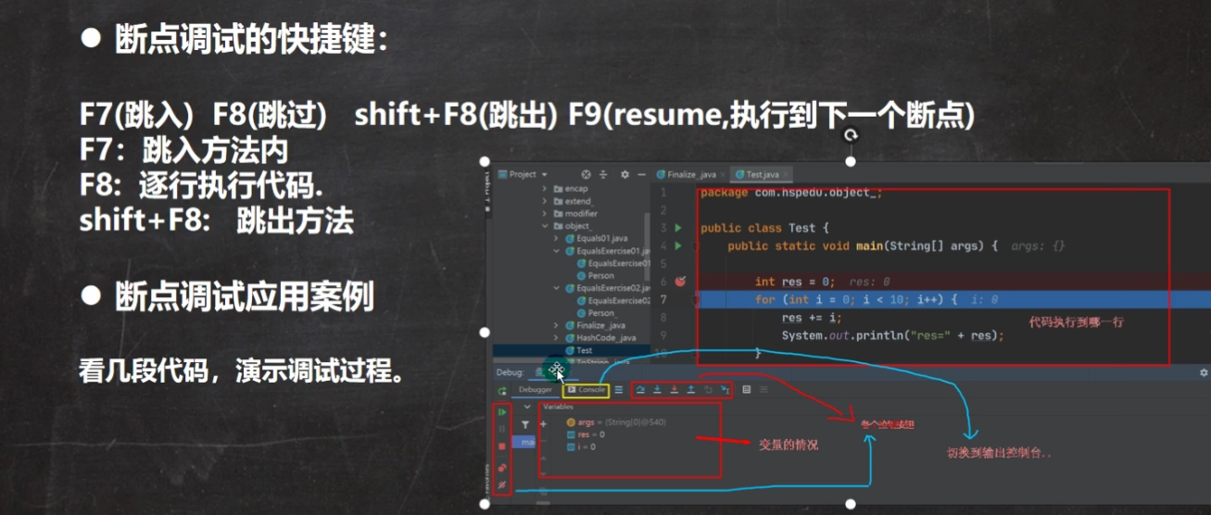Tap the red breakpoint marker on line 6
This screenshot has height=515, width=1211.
point(680,282)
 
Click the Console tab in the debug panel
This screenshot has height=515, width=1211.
point(586,390)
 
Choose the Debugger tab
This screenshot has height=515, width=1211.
point(535,390)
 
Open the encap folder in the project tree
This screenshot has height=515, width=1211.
point(576,188)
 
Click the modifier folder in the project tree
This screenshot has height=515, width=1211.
point(581,213)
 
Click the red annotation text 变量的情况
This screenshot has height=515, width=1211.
point(788,445)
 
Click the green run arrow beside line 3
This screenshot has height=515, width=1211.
point(678,228)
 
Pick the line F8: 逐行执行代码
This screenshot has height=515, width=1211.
point(202,185)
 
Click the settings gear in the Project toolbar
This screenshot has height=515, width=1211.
point(624,174)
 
